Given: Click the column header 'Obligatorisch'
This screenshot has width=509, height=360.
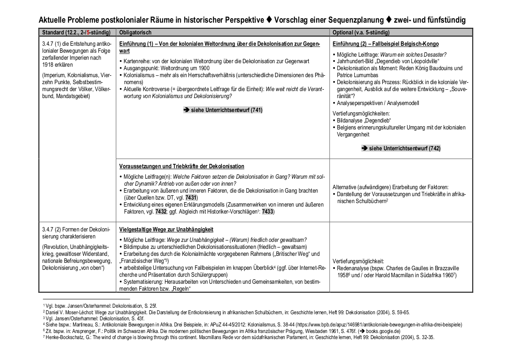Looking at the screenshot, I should (x=135, y=33).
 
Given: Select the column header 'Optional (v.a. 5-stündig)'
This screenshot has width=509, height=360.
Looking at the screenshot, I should (x=361, y=33).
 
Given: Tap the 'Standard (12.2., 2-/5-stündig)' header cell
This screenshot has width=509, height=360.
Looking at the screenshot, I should (x=77, y=33).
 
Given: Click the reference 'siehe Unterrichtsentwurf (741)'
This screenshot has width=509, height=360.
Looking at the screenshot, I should (x=223, y=110).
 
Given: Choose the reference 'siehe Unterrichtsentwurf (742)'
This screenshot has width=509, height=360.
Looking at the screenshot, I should (x=401, y=149).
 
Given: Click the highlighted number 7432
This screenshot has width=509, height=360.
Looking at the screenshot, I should (x=162, y=211).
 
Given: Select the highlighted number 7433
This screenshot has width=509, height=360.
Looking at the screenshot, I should (x=268, y=211).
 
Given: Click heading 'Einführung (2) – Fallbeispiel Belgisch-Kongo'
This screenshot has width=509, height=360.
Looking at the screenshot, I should (x=385, y=44).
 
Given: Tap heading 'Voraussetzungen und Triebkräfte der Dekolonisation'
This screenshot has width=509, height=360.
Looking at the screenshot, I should (x=182, y=166).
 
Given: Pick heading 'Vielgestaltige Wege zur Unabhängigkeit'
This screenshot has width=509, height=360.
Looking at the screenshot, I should (x=166, y=229).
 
